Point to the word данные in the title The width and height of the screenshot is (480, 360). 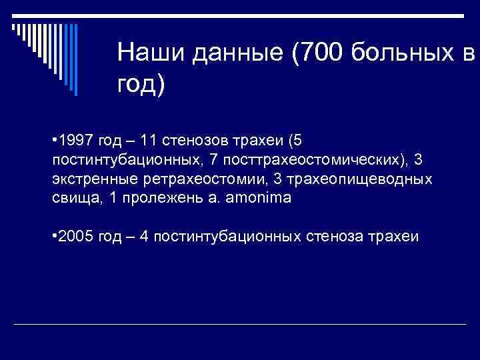235,53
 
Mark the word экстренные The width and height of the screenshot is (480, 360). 93,179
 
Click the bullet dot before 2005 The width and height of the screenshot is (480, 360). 53,236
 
